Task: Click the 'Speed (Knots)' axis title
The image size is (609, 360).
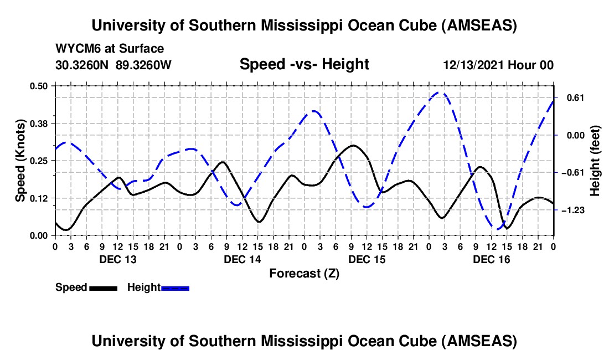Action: (20, 161)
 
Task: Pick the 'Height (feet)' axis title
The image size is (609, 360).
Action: (595, 161)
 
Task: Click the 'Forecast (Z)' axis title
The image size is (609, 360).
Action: (304, 273)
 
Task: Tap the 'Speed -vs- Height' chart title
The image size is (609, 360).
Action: (304, 65)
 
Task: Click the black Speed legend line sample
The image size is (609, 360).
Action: (103, 287)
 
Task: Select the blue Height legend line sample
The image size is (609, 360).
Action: (175, 287)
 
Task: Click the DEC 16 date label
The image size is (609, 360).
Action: (491, 259)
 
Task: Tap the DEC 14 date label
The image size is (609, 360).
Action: (242, 259)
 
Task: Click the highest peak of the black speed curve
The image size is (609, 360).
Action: (353, 145)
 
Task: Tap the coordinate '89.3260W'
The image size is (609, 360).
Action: (144, 65)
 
